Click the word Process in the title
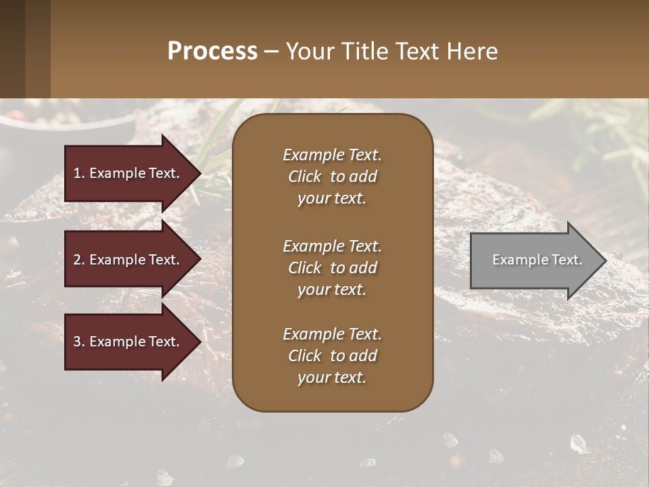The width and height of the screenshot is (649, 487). pyautogui.click(x=212, y=51)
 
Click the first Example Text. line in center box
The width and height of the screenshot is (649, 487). pyautogui.click(x=332, y=155)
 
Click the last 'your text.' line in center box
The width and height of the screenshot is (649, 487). pyautogui.click(x=332, y=378)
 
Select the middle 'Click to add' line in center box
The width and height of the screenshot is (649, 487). pyautogui.click(x=332, y=268)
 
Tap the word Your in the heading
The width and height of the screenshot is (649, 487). pyautogui.click(x=308, y=51)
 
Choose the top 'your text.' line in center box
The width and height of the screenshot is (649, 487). pyautogui.click(x=332, y=199)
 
